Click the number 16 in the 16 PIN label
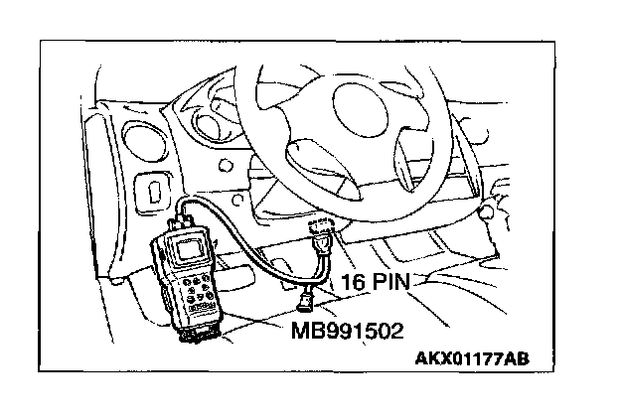[354, 282]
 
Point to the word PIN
[395, 282]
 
